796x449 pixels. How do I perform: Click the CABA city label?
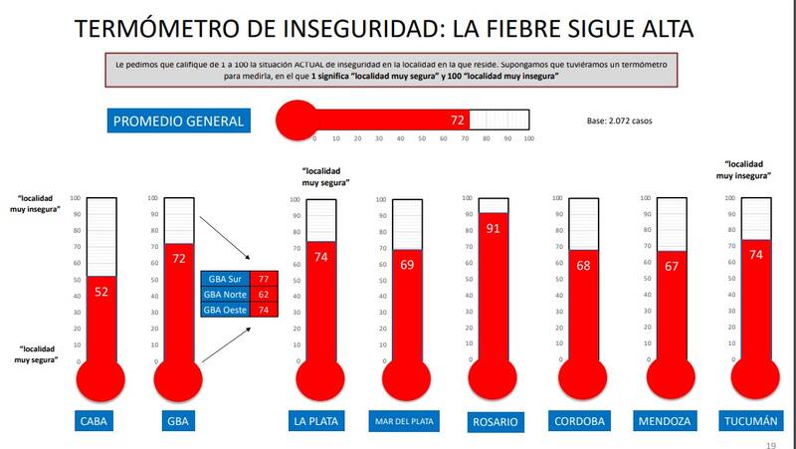95,420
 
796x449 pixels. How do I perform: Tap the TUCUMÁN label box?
750,420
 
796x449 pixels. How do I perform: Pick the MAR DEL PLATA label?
404,421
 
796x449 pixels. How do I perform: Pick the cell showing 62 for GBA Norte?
263,295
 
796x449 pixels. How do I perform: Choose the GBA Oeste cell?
225,310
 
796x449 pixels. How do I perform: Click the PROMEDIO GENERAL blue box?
177,121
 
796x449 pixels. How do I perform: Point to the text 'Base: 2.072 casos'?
627,121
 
